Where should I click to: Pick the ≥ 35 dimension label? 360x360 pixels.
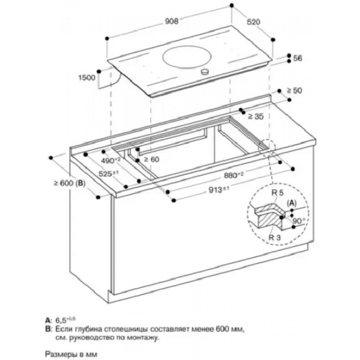pyautogui.click(x=256, y=116)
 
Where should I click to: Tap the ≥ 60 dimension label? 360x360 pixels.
pyautogui.click(x=151, y=159)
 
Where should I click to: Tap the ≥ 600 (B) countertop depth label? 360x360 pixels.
pyautogui.click(x=68, y=183)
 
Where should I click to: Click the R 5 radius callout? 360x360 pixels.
pyautogui.click(x=277, y=194)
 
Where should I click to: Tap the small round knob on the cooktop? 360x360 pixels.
pyautogui.click(x=205, y=72)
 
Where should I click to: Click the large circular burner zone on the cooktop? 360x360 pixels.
pyautogui.click(x=186, y=57)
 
